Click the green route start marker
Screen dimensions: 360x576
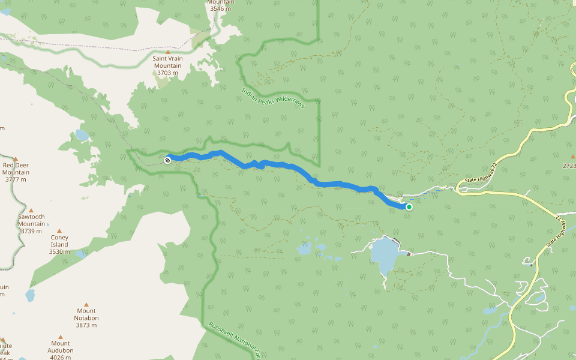[x=409, y=207]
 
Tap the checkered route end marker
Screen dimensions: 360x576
[x=167, y=160]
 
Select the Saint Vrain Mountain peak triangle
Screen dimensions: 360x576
[x=167, y=52]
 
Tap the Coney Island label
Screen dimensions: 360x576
[x=59, y=244]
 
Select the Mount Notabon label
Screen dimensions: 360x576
[x=86, y=318]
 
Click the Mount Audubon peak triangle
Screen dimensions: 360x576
[x=60, y=337]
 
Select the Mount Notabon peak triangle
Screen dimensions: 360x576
[x=86, y=305]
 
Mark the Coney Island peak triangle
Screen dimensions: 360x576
[x=59, y=231]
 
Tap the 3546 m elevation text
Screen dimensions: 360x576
[x=220, y=9]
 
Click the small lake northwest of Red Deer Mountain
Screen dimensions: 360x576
[x=82, y=135]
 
